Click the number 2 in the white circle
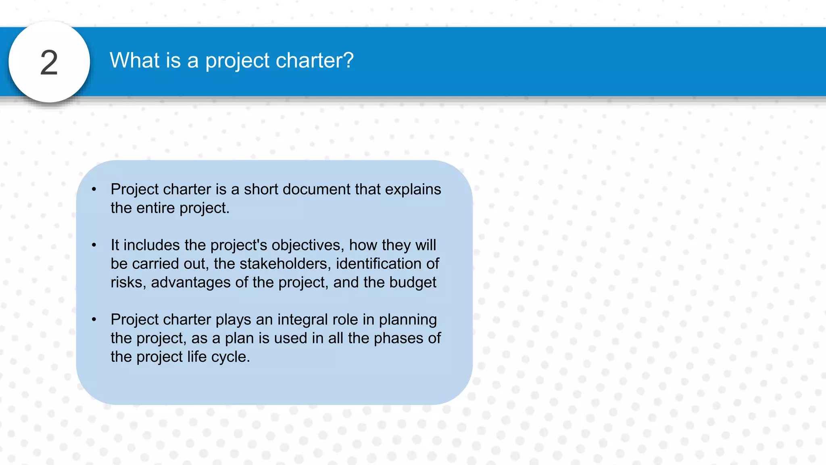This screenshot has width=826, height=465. coord(49,63)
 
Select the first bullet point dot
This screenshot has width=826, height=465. coord(94,189)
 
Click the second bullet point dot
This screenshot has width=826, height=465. coord(94,245)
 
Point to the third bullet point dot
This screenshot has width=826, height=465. coord(94,319)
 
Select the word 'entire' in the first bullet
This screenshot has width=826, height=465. coord(155,208)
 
